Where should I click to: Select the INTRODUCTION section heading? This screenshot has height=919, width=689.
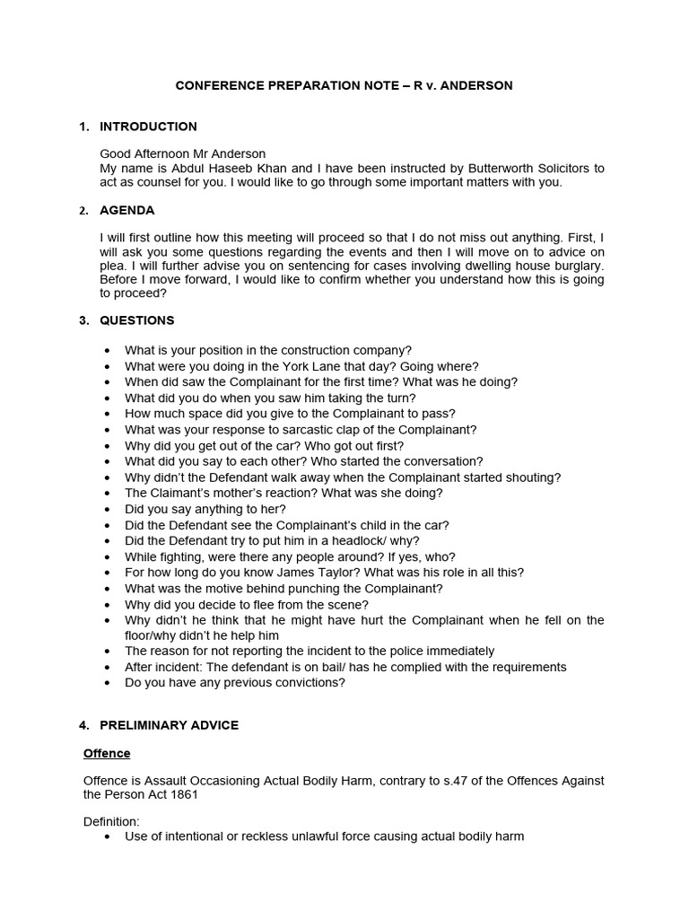coord(148,127)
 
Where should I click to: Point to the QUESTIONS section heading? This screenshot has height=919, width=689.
coord(136,320)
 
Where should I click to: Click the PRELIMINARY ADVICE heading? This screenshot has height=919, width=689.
coord(169,725)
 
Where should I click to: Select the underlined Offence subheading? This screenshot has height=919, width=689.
coord(107,753)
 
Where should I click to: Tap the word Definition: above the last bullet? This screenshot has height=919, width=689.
coord(113,822)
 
